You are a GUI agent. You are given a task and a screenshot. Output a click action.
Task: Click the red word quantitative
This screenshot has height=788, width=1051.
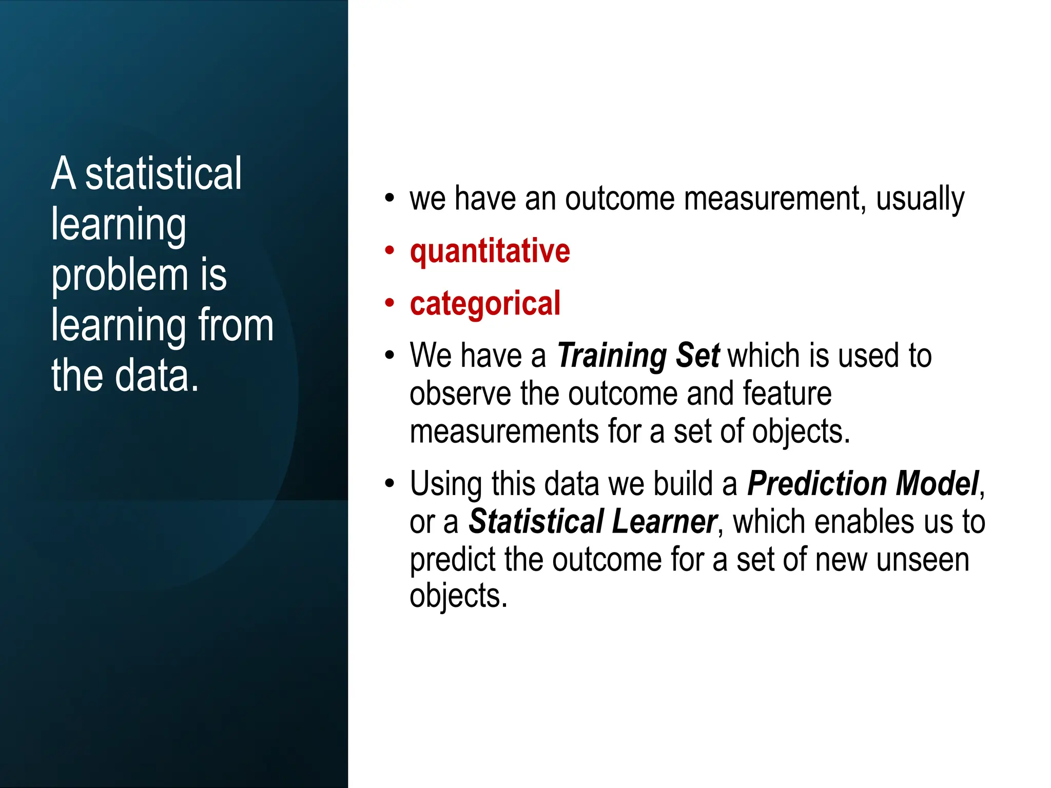[490, 251]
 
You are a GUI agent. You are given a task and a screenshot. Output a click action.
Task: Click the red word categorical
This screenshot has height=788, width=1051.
[485, 304]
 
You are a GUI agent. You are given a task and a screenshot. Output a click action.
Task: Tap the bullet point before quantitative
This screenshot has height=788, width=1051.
[390, 251]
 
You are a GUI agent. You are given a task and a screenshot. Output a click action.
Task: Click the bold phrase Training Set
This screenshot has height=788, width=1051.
[638, 356]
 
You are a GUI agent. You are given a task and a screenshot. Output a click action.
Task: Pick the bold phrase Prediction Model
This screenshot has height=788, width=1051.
[863, 484]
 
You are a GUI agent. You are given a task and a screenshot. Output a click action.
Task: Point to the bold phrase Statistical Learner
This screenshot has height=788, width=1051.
[592, 522]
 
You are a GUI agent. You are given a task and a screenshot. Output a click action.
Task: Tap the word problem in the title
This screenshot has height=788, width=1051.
[120, 275]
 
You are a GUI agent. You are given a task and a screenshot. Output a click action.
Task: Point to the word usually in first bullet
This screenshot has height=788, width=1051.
[920, 200]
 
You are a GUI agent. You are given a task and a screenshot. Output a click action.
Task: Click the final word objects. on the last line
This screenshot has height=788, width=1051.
[458, 597]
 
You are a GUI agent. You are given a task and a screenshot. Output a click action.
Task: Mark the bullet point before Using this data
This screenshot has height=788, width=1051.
[390, 484]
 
